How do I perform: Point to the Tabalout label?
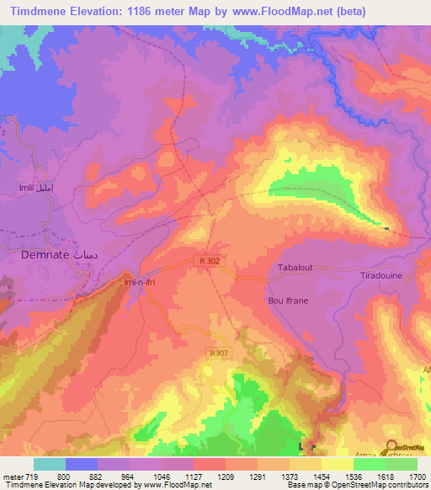coord(295,268)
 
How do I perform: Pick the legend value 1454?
coord(320,477)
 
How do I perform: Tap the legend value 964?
coord(128,477)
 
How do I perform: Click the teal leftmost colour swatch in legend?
coord(49,464)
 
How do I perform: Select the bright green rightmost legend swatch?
coord(401,464)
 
